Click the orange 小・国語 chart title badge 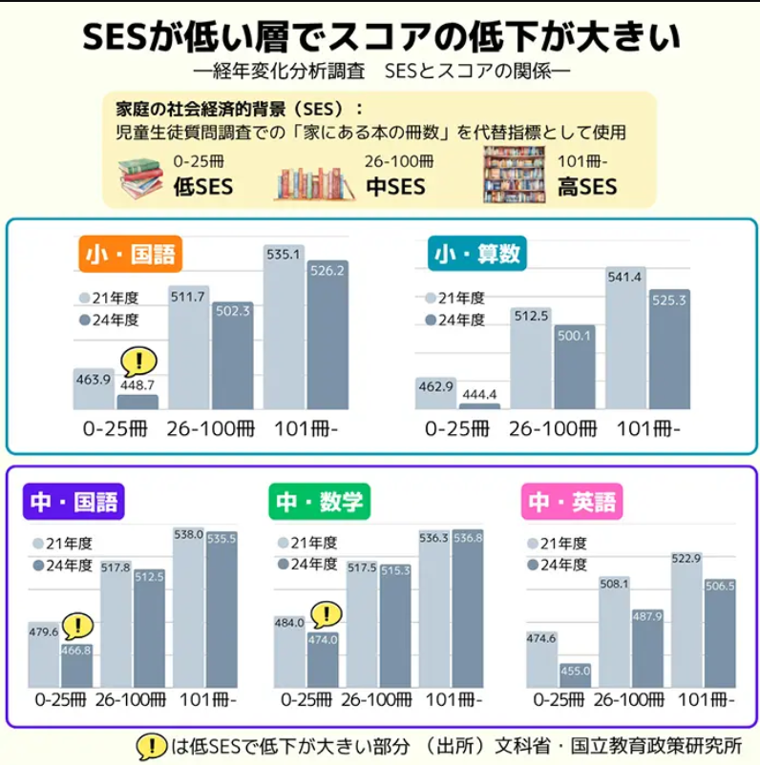(x=131, y=255)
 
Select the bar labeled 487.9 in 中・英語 (x=647, y=649)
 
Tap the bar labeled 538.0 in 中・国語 (x=188, y=610)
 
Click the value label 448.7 (x=137, y=384)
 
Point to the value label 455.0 (x=575, y=671)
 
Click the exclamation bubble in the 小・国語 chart (x=139, y=361)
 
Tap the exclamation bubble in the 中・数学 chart (x=327, y=615)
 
